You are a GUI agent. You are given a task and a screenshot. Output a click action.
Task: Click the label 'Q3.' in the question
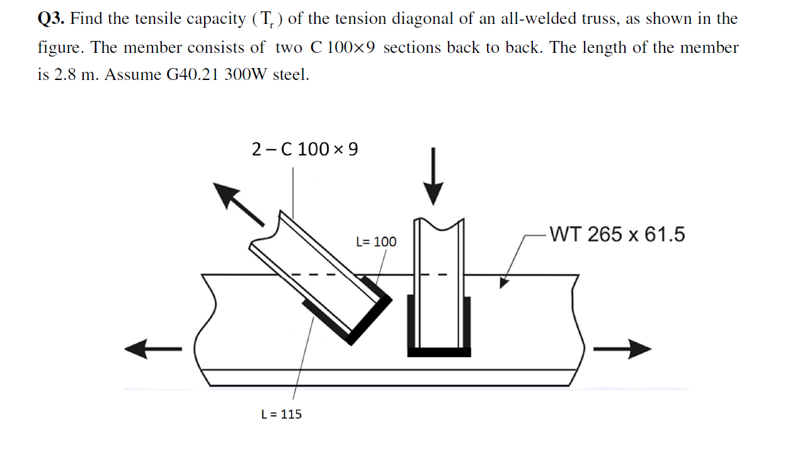tap(52, 19)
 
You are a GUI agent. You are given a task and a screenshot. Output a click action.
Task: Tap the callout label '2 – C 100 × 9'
tap(304, 149)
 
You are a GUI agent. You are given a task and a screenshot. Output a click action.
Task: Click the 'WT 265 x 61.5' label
tap(616, 234)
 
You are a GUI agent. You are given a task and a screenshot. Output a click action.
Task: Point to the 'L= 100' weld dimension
tap(376, 242)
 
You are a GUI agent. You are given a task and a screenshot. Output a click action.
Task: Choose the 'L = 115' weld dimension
tap(281, 414)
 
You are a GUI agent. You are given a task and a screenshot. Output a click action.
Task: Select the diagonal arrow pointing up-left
tap(239, 204)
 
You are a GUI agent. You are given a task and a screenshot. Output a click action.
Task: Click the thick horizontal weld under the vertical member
tap(439, 352)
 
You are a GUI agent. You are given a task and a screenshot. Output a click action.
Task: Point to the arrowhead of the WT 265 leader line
tap(504, 282)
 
